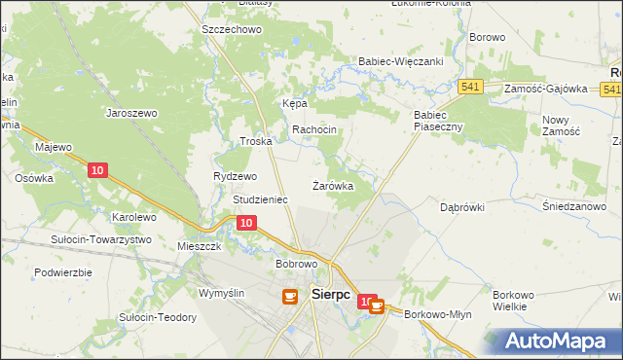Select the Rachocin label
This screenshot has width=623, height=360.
tap(314, 130)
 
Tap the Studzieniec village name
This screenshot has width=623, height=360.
tap(260, 199)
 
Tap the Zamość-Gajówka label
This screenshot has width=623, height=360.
tap(546, 89)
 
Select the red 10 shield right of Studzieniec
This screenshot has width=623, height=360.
tap(247, 224)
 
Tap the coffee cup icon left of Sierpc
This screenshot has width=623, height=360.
tap(290, 296)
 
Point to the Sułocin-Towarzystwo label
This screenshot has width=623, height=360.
tap(102, 238)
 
